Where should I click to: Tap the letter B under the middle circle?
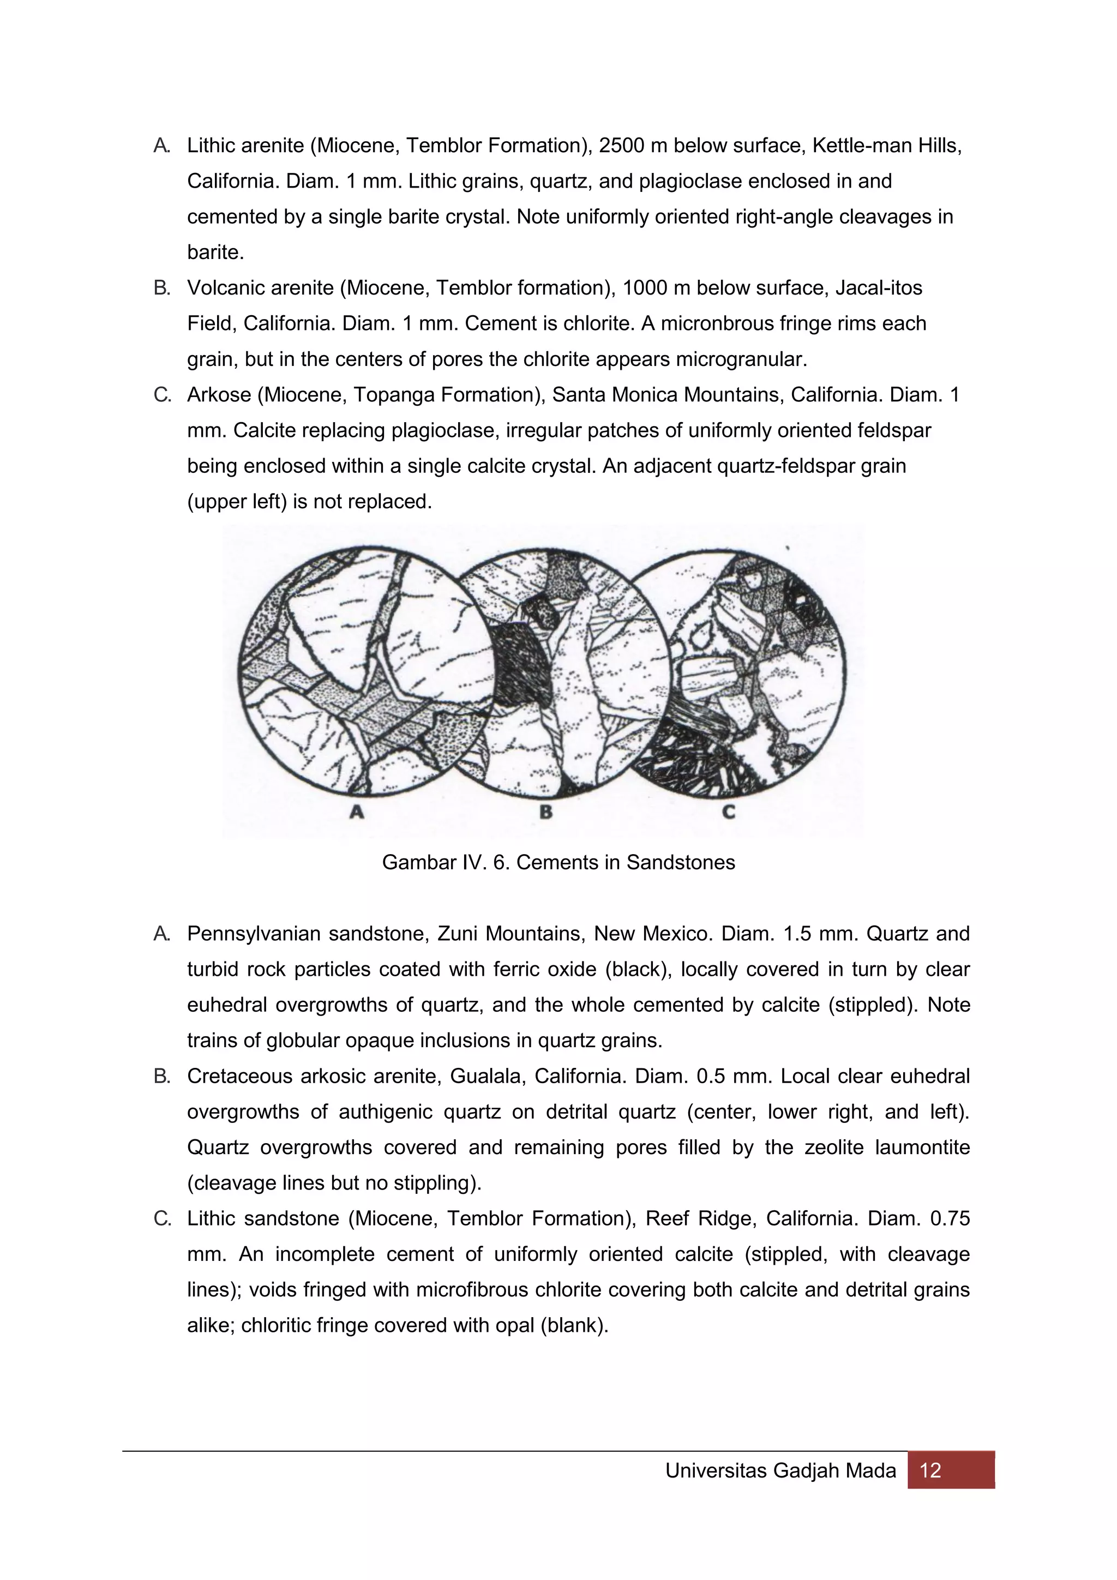coord(546,812)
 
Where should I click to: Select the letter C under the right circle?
coord(728,812)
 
